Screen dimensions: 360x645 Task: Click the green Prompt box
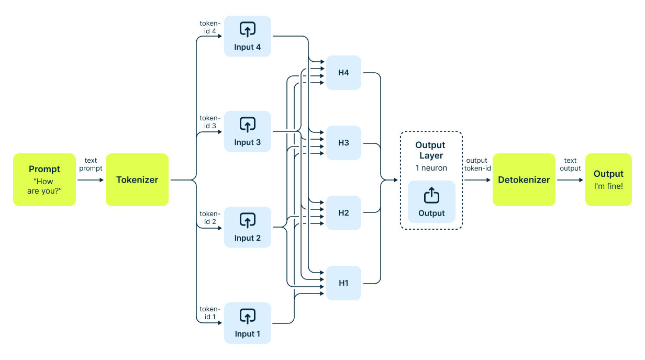45,179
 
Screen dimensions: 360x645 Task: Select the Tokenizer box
137,179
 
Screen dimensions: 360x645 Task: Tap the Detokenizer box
524,179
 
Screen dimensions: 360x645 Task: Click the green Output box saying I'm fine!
608,179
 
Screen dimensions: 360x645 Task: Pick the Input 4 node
248,36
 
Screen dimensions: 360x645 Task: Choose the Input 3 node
248,131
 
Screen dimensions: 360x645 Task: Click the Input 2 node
248,227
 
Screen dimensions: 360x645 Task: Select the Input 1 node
248,323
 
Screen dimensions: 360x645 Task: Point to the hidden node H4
343,73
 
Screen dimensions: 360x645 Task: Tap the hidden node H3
343,143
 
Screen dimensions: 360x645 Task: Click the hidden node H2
343,213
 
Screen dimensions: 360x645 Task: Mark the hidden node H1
343,283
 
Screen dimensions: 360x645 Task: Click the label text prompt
91,164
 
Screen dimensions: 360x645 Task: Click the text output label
570,164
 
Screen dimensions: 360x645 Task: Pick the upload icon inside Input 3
248,124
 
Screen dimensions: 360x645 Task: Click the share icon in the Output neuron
431,195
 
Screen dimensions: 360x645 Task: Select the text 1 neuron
431,168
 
